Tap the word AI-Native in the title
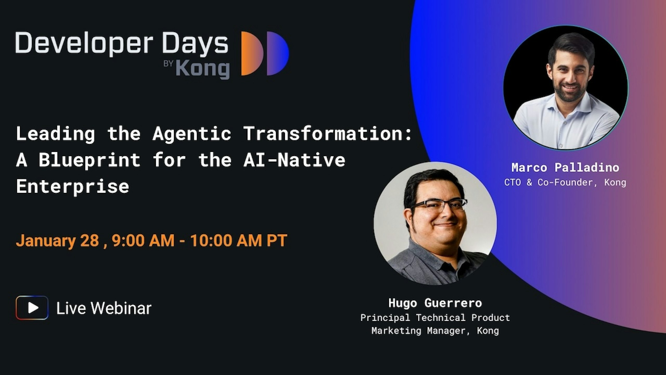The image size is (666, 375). pyautogui.click(x=294, y=160)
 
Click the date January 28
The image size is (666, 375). pyautogui.click(x=57, y=241)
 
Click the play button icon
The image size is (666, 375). pyautogui.click(x=32, y=308)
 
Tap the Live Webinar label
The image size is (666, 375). pyautogui.click(x=104, y=308)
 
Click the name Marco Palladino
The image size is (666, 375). pyautogui.click(x=565, y=167)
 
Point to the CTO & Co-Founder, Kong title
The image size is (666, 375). pyautogui.click(x=565, y=182)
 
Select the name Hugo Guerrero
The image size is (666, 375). pyautogui.click(x=435, y=303)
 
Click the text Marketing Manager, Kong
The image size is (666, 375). pyautogui.click(x=435, y=331)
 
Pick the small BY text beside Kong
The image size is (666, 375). pyautogui.click(x=168, y=64)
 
